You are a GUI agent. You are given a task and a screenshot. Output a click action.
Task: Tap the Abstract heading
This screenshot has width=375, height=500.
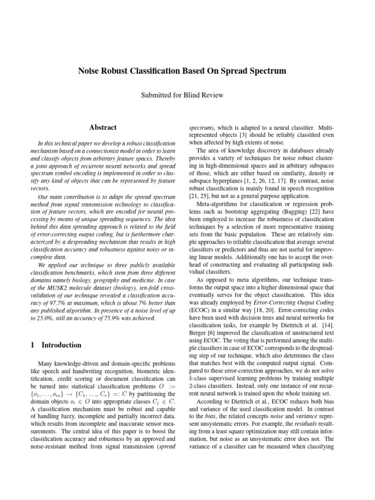point(103,127)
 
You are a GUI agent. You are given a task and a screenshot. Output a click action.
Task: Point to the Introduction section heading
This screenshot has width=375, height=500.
point(62,345)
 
